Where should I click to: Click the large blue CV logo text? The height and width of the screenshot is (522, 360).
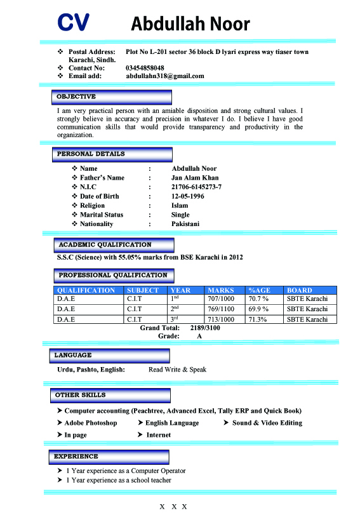(x=73, y=23)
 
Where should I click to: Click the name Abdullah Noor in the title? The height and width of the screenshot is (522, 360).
(x=190, y=24)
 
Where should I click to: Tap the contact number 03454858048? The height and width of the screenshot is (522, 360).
(x=145, y=68)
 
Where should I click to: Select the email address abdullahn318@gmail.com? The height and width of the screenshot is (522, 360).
(x=165, y=76)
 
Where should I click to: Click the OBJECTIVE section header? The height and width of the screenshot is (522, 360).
(x=76, y=97)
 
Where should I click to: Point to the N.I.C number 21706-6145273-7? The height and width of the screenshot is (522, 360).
(x=196, y=187)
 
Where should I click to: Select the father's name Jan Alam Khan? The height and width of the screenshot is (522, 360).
(x=195, y=178)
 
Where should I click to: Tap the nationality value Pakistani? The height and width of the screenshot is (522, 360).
(x=185, y=224)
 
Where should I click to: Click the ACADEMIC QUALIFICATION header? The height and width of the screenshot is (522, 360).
(x=105, y=244)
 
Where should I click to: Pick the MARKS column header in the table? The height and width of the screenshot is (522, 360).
(x=220, y=290)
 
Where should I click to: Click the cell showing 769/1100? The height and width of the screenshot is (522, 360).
(x=221, y=309)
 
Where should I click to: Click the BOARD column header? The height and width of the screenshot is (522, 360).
(x=300, y=290)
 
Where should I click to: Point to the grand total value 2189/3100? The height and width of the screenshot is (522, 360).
(x=205, y=328)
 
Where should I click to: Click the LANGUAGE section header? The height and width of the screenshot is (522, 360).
(x=73, y=355)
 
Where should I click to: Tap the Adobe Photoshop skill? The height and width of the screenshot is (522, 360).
(x=91, y=423)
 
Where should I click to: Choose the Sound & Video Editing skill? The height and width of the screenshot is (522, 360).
(x=267, y=423)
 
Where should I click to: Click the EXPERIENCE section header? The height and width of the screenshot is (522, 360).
(x=76, y=456)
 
